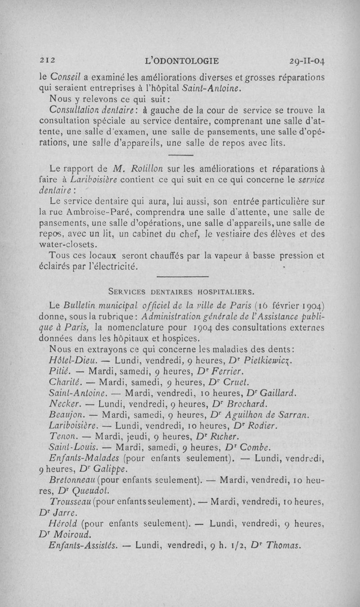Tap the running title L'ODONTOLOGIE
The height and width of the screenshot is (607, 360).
click(186, 60)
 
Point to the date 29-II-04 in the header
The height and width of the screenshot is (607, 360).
click(308, 60)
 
